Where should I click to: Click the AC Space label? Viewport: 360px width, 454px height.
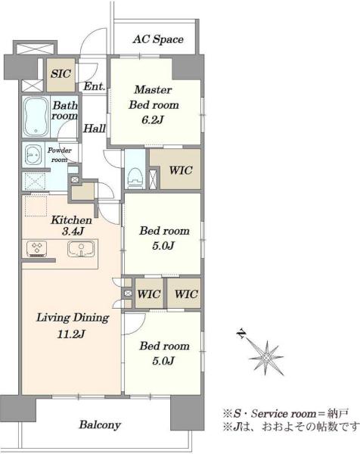click(158, 39)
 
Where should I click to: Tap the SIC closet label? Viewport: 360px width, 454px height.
click(61, 73)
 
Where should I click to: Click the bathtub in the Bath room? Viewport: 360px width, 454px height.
click(36, 117)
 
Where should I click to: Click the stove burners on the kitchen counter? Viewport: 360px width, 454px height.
click(37, 249)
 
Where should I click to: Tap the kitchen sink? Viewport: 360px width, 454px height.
click(81, 249)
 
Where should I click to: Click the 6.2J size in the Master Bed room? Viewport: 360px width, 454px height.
click(153, 120)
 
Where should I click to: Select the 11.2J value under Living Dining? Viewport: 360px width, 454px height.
click(71, 334)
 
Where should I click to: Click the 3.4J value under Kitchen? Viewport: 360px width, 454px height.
click(73, 231)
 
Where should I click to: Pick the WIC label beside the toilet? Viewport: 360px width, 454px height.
click(181, 170)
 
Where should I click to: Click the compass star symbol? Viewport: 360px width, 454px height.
click(266, 358)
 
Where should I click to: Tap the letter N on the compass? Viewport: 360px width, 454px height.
click(241, 334)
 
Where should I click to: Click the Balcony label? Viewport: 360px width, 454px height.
click(100, 424)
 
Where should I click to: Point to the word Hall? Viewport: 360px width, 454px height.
click(95, 129)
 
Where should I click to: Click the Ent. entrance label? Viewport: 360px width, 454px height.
click(95, 86)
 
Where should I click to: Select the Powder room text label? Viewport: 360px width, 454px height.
click(60, 155)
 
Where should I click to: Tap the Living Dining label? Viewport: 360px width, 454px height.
click(73, 318)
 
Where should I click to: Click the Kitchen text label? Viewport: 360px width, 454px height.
click(72, 220)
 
